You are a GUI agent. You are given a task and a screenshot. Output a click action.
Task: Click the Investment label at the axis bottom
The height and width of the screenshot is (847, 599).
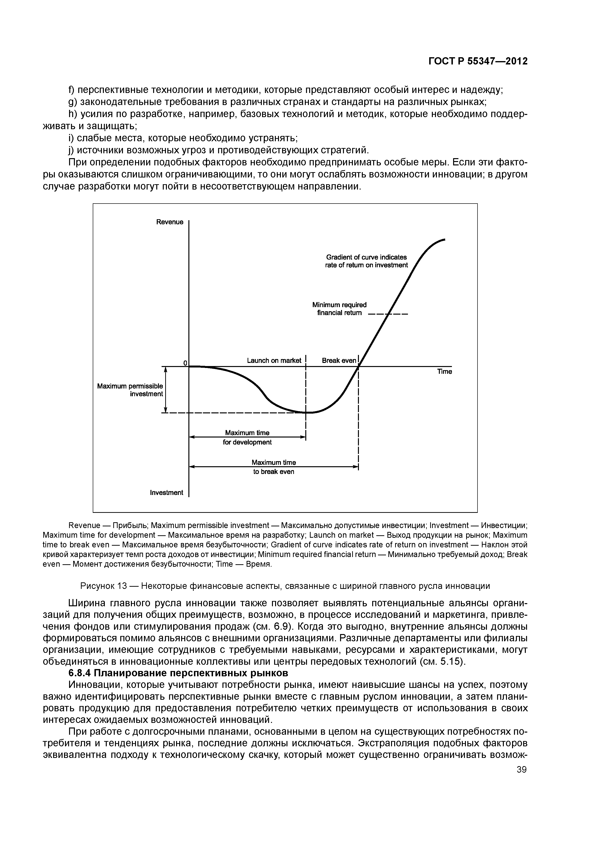pos(166,493)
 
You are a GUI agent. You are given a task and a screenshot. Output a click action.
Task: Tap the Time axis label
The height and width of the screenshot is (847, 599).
pos(444,372)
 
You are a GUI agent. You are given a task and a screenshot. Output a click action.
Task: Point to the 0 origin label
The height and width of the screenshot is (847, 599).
pos(185,363)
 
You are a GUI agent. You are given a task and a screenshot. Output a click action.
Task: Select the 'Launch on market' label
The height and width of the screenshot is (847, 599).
pos(274,360)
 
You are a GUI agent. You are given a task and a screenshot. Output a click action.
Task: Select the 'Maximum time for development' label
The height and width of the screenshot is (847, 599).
pos(247,437)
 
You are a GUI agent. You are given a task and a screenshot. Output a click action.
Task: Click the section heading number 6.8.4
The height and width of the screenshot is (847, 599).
pos(79,673)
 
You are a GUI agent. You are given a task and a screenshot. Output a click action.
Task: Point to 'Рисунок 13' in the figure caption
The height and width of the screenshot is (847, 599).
pos(103,586)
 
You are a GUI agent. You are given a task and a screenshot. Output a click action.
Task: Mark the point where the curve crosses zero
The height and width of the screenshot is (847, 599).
pos(359,366)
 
